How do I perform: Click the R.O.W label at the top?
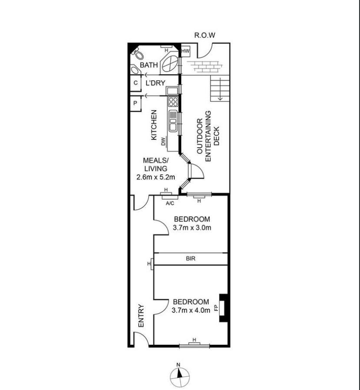click(x=205, y=35)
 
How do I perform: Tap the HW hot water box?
click(x=186, y=51)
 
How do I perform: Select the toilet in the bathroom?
click(x=137, y=54)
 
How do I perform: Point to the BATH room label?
click(x=149, y=65)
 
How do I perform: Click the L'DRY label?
click(x=155, y=83)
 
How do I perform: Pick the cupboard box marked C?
click(x=136, y=83)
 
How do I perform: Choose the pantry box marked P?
click(x=136, y=103)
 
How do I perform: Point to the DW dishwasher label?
click(x=163, y=142)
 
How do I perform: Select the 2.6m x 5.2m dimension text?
click(x=156, y=177)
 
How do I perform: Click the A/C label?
click(x=170, y=203)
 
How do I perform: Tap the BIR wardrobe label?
click(x=191, y=259)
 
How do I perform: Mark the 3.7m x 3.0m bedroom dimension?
click(x=192, y=228)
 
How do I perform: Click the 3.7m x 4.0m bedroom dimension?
click(x=191, y=310)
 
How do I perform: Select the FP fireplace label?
click(x=216, y=308)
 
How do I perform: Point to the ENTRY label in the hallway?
click(x=141, y=316)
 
